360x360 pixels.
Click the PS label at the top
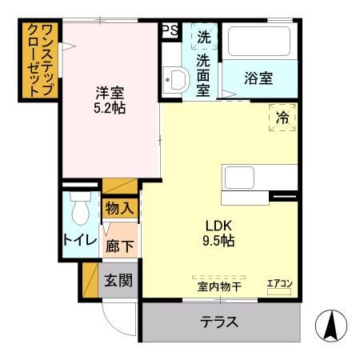click(x=170, y=30)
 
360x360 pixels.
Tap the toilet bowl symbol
click(x=78, y=211)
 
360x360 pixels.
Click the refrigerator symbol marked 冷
click(x=282, y=118)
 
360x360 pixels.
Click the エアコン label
click(x=279, y=283)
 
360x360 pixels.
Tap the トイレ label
click(x=79, y=240)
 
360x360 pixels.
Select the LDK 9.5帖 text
click(x=218, y=231)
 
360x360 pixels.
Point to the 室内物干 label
click(x=218, y=285)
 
